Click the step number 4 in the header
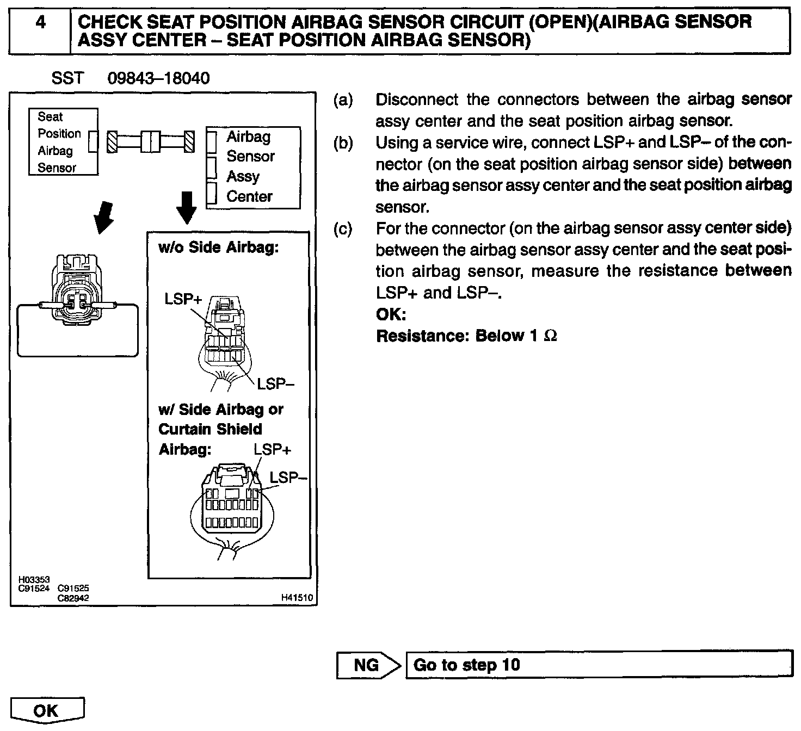coord(40,22)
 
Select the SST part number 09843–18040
coord(158,79)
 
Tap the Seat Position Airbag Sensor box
coord(63,141)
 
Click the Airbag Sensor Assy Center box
coord(253,167)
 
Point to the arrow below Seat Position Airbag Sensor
coord(103,216)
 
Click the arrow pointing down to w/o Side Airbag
coord(187,207)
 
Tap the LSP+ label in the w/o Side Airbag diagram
coord(184,299)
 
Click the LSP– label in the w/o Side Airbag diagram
coord(275,384)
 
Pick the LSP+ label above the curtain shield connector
coord(272,450)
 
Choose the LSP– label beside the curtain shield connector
coord(288,478)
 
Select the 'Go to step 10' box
coord(599,665)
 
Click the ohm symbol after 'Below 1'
coord(550,336)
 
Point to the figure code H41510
coord(297,598)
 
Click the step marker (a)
coord(343,100)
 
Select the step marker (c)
coord(343,228)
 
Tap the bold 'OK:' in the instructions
coord(391,315)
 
